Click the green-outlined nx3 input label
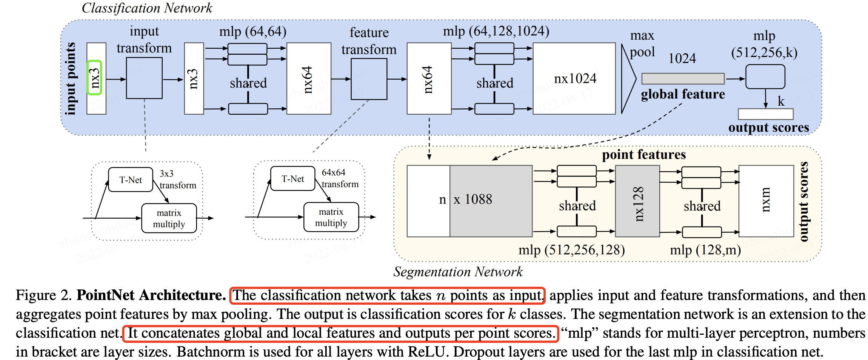[95, 77]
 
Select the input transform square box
[144, 78]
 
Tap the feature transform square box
[369, 79]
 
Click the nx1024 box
[574, 78]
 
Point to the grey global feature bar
[683, 78]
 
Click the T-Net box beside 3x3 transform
[131, 180]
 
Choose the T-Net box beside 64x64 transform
[293, 178]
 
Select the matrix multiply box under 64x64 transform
[331, 217]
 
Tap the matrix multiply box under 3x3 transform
[169, 218]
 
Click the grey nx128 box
[637, 201]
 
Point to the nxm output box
[766, 201]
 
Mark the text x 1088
[473, 199]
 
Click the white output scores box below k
[765, 114]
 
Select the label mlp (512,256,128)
[571, 250]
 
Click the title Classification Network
[147, 8]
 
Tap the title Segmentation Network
[458, 272]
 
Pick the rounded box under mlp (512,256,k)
[765, 77]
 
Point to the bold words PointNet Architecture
[151, 295]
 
